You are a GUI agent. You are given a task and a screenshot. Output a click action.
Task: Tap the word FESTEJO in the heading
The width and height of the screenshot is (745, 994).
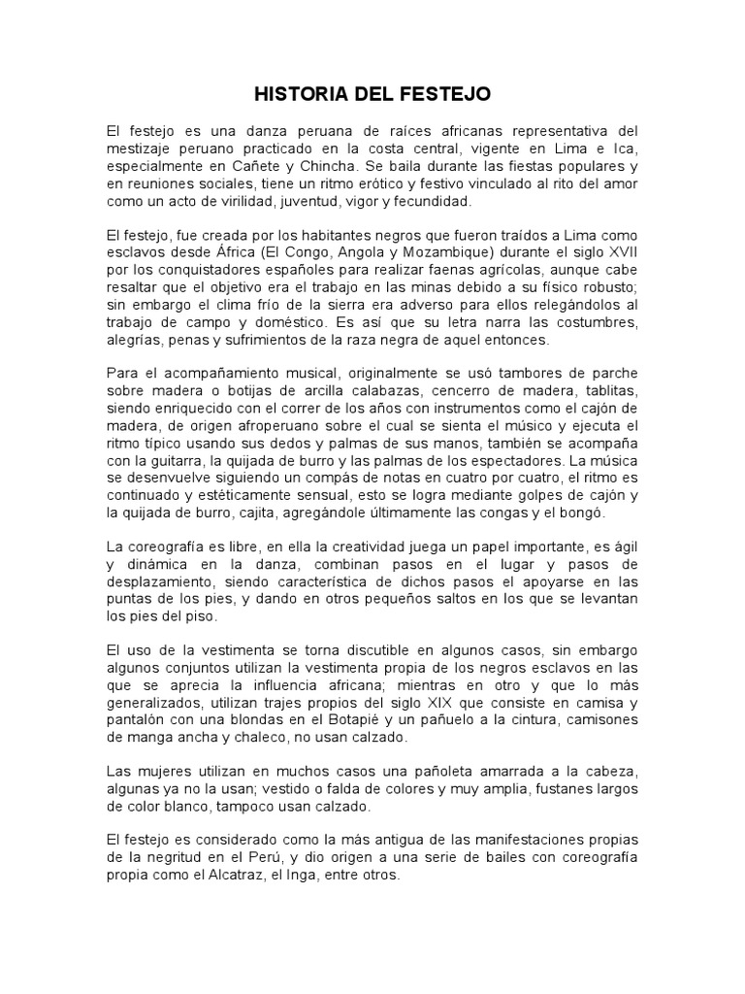(x=450, y=94)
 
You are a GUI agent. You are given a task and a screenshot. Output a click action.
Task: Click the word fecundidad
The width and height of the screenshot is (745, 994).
(x=428, y=202)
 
